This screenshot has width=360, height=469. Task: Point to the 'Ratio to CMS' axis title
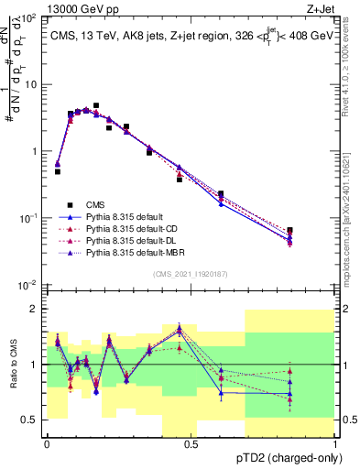point(12,365)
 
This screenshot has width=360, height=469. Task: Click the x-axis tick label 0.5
point(191,443)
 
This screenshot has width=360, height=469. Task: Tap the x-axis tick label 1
point(335,443)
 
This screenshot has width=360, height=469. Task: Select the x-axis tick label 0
point(47,443)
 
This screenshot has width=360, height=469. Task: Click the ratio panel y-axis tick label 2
point(34,309)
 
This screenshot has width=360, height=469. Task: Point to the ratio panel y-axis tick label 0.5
point(29,420)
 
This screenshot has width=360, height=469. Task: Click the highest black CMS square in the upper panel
point(96,106)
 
